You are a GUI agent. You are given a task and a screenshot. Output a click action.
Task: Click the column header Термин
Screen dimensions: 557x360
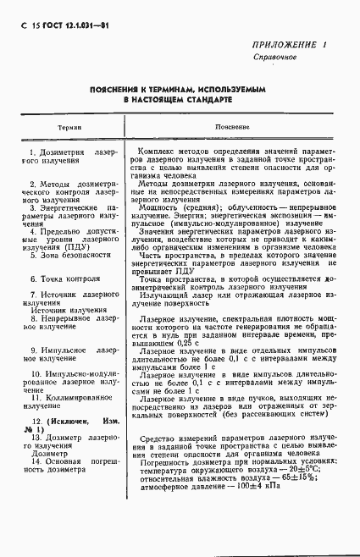[x=69, y=125]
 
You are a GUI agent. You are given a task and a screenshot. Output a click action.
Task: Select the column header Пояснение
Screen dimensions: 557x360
[x=231, y=125]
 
